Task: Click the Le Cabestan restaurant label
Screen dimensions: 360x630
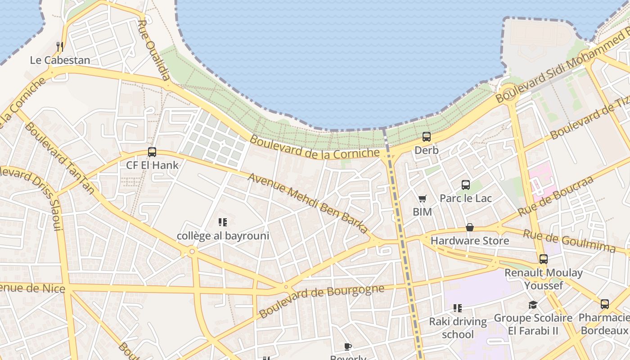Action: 60,60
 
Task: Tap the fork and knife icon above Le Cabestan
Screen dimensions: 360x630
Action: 59,46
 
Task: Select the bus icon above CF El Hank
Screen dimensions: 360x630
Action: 152,152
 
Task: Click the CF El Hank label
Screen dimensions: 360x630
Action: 152,165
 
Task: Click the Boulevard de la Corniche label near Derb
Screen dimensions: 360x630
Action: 315,147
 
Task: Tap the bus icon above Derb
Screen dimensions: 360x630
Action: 426,137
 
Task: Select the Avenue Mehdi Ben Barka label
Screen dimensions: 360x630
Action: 308,203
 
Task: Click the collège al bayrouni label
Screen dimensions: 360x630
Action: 223,236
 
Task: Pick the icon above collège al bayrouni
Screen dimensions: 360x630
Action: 222,222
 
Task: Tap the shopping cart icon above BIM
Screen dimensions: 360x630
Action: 422,198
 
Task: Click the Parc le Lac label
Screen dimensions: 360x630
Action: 465,198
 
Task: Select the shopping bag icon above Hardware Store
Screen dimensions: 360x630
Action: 469,227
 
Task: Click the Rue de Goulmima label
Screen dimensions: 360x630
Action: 569,241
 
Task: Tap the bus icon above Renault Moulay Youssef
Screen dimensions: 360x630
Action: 544,259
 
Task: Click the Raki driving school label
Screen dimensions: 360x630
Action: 458,328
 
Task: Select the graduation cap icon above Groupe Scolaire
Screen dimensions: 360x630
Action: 533,305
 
